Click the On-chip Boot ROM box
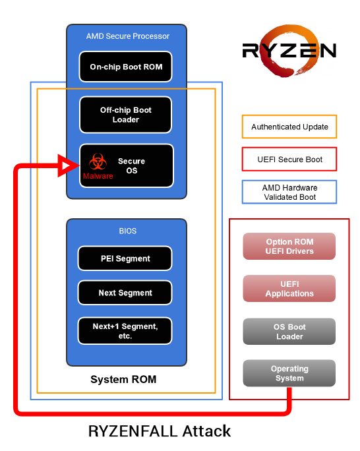click(x=126, y=67)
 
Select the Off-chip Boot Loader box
click(x=126, y=115)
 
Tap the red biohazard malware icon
click(x=98, y=162)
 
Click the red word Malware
click(x=98, y=176)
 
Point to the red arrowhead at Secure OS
click(x=69, y=165)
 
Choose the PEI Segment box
click(x=125, y=258)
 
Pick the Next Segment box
click(x=125, y=293)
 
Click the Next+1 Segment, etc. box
click(x=125, y=331)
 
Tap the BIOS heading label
click(x=128, y=231)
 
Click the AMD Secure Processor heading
click(x=128, y=36)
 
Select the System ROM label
click(x=123, y=379)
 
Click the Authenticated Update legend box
click(x=289, y=127)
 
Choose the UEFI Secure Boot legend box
click(x=289, y=159)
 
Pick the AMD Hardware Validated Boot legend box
click(x=289, y=192)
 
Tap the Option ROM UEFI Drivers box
click(x=289, y=247)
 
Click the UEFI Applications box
click(x=289, y=289)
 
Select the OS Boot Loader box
click(x=289, y=332)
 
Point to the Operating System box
click(x=289, y=373)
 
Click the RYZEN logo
click(x=289, y=51)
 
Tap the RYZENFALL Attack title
click(x=160, y=431)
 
